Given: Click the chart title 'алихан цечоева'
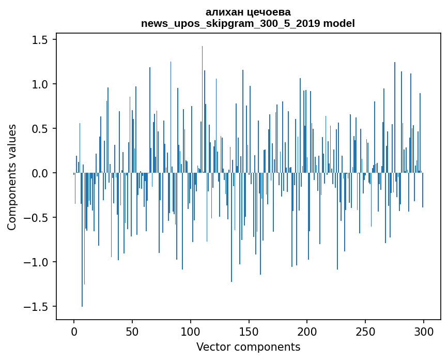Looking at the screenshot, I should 248,12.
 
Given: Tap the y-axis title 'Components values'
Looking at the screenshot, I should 12,177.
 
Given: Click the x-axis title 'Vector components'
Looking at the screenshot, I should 248,347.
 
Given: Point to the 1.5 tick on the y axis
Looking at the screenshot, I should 41,40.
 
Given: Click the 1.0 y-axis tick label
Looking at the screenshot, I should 41,84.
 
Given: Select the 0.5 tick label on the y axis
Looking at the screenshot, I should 41,129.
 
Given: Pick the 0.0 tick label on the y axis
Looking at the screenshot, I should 41,173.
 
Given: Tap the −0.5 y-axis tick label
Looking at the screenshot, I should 38,218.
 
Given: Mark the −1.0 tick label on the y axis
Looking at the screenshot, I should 38,262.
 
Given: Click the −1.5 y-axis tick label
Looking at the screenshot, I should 38,307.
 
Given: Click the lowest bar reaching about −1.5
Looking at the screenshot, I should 82,259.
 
